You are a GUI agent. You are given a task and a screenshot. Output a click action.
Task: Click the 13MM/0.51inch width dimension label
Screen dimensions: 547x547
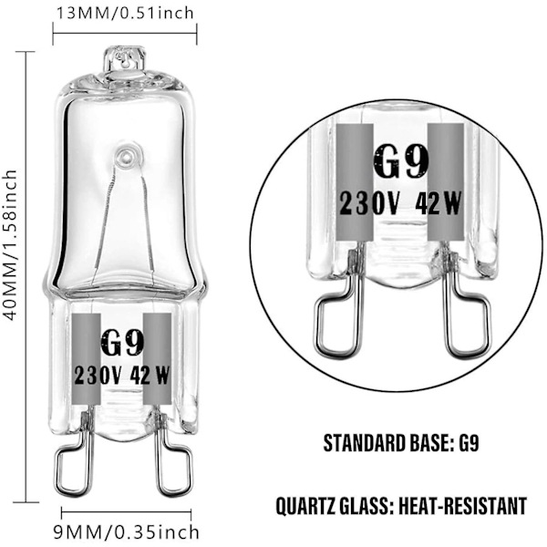(125, 14)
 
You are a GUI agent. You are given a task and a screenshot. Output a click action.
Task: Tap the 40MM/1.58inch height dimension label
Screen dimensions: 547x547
(10, 245)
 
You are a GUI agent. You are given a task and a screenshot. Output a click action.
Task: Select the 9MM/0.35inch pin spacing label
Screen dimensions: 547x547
(127, 532)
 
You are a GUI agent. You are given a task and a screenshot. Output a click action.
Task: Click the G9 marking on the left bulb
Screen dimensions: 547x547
(122, 343)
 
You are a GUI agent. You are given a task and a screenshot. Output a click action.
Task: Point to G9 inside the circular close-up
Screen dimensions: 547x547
(400, 161)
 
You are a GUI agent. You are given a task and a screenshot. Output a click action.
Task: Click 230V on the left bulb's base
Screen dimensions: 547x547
(98, 376)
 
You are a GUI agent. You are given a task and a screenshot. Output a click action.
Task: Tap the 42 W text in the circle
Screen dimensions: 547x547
(439, 203)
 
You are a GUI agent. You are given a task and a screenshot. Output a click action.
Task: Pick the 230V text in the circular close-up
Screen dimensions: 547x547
(368, 203)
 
